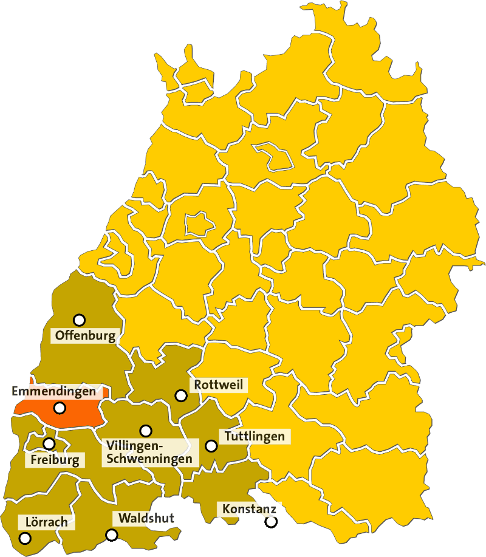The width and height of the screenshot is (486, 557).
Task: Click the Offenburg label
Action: click(x=84, y=335)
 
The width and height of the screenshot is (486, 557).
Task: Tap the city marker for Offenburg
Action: click(x=79, y=320)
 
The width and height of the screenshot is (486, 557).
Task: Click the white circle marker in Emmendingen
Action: click(x=60, y=408)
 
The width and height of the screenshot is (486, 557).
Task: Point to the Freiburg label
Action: click(x=54, y=460)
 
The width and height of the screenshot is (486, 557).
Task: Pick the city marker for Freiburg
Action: click(x=49, y=443)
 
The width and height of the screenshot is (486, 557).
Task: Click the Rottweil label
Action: click(x=218, y=385)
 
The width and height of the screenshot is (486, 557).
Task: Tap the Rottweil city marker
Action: click(x=180, y=395)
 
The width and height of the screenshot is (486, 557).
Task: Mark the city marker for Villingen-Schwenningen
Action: click(x=145, y=431)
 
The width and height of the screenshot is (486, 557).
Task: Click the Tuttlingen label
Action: click(x=255, y=436)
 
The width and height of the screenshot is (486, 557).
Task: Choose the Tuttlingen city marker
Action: click(x=211, y=446)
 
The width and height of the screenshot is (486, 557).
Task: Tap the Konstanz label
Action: click(x=249, y=508)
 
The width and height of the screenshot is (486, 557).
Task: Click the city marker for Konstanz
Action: click(x=270, y=521)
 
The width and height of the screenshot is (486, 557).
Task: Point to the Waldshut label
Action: click(x=146, y=518)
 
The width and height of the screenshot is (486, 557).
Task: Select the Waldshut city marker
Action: click(x=111, y=535)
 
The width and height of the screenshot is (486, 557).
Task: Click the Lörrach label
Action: click(x=47, y=522)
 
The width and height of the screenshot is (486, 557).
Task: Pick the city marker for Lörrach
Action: click(x=25, y=538)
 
